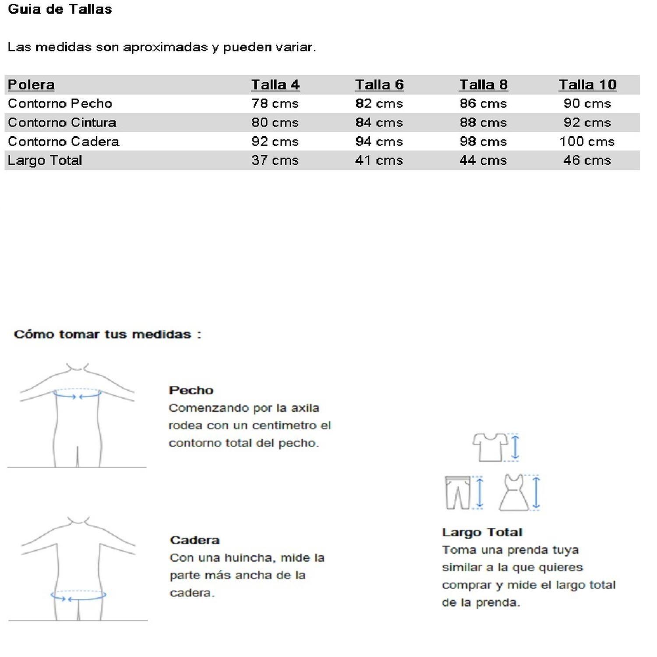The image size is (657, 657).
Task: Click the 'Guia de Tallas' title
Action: coord(60,9)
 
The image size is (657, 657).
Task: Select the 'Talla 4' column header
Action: coord(275,85)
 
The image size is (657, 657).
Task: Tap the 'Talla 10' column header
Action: coord(587,85)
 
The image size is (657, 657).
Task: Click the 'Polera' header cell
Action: coord(31,85)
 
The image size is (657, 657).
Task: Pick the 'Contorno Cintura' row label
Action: coord(62,123)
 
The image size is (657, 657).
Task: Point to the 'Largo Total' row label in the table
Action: coord(45,160)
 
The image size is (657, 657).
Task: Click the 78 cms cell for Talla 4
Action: coord(275,104)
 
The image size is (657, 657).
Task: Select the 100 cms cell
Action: coord(587,141)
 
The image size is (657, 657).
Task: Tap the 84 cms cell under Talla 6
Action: coord(379,123)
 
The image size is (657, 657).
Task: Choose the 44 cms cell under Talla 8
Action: coord(483,160)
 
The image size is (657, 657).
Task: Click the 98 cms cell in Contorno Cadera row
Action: coord(483,141)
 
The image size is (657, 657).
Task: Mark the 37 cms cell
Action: coord(275,160)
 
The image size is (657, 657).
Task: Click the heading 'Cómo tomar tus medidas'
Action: coord(107,334)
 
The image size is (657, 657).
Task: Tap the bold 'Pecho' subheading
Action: coord(191,390)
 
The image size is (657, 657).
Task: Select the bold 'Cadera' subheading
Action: coord(194,540)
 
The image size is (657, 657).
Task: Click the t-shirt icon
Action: coord(490,447)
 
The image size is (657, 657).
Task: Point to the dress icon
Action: coord(514,493)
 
